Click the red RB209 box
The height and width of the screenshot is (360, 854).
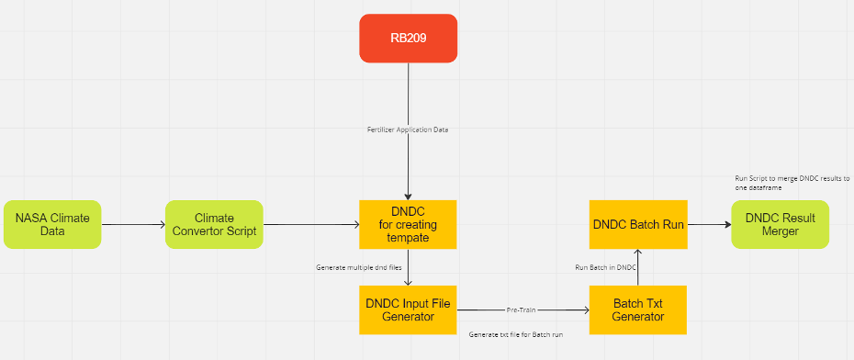click(x=408, y=39)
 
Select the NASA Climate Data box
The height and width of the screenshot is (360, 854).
click(x=52, y=224)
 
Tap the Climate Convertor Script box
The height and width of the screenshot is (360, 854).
click(x=214, y=224)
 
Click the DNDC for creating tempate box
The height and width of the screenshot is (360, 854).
click(x=408, y=224)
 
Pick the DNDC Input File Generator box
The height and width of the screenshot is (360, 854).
click(x=408, y=309)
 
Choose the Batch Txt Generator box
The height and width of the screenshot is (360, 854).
click(x=638, y=309)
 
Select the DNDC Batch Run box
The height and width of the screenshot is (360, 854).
click(x=638, y=224)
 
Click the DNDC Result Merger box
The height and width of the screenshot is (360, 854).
click(x=780, y=224)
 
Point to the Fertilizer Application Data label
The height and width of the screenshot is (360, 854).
click(x=408, y=130)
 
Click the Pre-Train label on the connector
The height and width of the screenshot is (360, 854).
click(x=522, y=309)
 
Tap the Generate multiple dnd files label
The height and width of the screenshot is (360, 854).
click(x=359, y=267)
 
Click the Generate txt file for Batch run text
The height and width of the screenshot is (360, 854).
click(x=515, y=334)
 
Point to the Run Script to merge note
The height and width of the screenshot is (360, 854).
click(x=792, y=183)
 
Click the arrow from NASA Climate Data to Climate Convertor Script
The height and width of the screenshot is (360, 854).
click(x=133, y=224)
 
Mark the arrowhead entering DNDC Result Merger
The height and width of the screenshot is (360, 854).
click(x=727, y=224)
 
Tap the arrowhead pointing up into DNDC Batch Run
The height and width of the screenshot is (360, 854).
click(x=638, y=253)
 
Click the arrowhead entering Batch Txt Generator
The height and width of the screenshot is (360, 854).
click(x=586, y=309)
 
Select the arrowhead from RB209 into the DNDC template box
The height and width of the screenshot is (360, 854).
click(x=408, y=197)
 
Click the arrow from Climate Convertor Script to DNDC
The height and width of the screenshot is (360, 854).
click(x=311, y=224)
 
